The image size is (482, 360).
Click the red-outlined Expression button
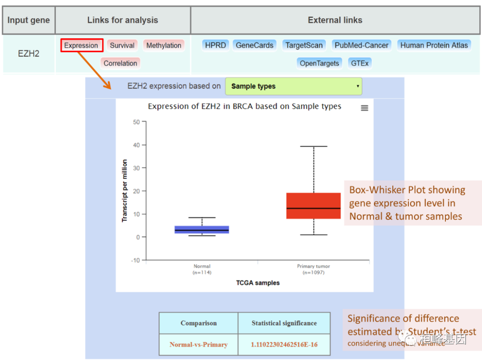81,46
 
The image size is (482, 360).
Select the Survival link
122,46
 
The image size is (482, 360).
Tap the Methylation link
164,46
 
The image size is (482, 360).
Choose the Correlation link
120,63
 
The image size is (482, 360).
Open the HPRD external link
216,45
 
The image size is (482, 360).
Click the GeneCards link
254,45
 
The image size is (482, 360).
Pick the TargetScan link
304,45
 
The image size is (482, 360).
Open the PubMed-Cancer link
362,45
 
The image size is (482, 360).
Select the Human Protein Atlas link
434,45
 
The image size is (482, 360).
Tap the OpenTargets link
319,63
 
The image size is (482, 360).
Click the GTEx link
360,63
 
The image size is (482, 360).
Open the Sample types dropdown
294,87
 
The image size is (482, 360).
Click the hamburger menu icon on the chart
365,108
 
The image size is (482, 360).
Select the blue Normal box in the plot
202,229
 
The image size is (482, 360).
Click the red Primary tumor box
313,206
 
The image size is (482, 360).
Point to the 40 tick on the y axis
137,145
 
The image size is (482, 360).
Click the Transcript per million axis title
125,190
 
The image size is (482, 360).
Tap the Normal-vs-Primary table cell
199,344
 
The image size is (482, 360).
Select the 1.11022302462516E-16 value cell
284,344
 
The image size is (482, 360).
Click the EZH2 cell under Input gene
29,54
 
